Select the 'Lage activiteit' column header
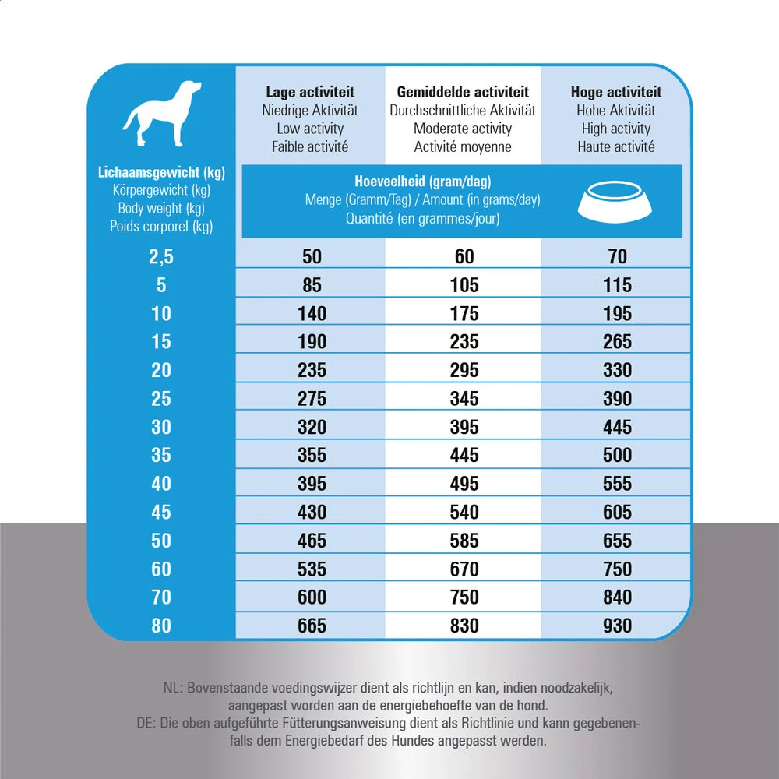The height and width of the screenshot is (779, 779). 310,93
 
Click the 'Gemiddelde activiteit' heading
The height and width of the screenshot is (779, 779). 463,93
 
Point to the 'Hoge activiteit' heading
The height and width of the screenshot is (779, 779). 616,93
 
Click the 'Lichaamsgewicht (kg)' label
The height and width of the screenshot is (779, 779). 161,172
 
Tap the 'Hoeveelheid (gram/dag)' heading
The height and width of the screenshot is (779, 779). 422,182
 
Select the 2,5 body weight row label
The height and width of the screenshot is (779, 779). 160,257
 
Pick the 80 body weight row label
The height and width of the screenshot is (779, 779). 160,626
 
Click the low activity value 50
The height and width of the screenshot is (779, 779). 312,257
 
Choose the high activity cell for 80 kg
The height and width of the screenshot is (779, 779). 617,626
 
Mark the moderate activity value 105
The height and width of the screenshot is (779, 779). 464,285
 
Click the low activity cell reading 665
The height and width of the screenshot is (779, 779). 312,626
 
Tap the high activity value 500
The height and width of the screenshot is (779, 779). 617,455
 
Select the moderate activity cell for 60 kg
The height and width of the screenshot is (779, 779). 464,569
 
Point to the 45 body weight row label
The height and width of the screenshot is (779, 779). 160,512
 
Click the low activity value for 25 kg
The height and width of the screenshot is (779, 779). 312,399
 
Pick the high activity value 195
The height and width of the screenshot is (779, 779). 617,314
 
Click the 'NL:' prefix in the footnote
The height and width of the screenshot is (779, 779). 173,689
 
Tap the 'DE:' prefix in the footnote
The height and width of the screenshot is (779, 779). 146,724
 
